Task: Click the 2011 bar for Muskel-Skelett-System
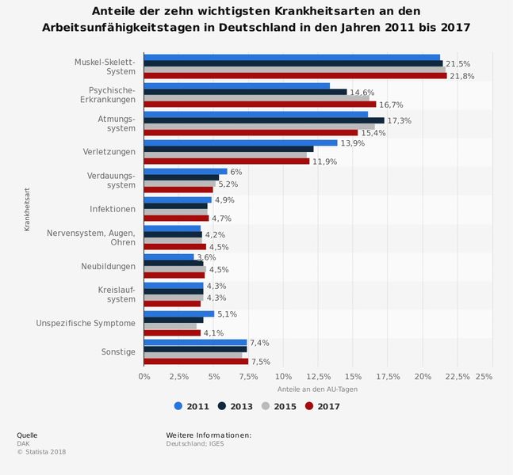(292, 57)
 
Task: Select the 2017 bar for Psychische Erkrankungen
(260, 104)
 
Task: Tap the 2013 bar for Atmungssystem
(263, 120)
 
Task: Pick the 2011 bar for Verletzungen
(240, 142)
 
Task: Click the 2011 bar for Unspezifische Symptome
(179, 313)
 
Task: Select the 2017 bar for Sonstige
(196, 361)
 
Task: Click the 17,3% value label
(399, 120)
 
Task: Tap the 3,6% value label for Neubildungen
(206, 257)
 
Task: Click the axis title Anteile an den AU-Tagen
(318, 389)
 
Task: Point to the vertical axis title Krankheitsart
(27, 208)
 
